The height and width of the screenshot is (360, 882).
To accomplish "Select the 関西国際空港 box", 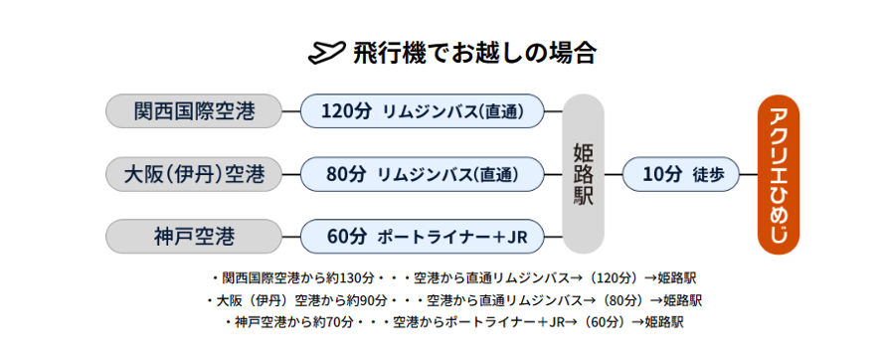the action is [194, 111].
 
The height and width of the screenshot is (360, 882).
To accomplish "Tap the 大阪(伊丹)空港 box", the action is [194, 174].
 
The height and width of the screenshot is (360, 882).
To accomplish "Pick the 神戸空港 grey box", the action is [194, 237].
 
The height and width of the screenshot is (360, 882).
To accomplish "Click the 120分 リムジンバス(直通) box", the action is [423, 111].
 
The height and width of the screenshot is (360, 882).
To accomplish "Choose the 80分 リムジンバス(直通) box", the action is [423, 174].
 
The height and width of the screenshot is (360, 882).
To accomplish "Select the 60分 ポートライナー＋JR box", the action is [423, 237].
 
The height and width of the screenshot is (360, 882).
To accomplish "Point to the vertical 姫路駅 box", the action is [584, 174].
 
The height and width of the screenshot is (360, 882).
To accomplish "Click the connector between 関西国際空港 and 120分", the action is [291, 111].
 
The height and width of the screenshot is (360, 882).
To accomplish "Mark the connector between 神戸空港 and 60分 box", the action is [291, 237].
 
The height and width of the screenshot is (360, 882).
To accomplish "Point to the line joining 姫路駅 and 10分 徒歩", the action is [614, 174].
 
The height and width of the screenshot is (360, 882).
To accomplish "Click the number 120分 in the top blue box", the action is [345, 111].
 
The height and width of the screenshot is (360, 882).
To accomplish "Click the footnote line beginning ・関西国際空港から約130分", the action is [453, 277].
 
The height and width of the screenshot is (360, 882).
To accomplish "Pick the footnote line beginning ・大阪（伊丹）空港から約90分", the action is [453, 299].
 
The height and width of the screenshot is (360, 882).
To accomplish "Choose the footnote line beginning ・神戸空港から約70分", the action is [453, 321].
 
